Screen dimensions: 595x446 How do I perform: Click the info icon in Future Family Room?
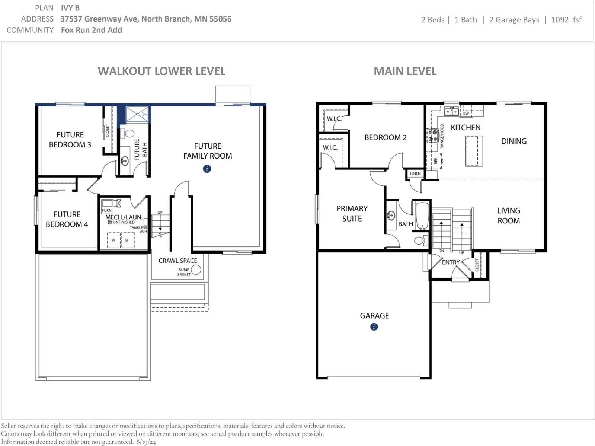[x=207, y=169]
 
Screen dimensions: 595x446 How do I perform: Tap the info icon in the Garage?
[x=374, y=327]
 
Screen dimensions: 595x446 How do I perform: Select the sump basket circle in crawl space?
[x=196, y=270]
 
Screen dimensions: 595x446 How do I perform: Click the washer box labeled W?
[x=114, y=240]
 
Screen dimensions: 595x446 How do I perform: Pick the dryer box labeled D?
[x=127, y=240]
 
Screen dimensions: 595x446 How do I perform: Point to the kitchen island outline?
[x=474, y=151]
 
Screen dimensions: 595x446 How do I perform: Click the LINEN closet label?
[x=415, y=173]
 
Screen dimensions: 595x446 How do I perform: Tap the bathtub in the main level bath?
[x=422, y=216]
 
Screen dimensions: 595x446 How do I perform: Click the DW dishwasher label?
[x=466, y=114]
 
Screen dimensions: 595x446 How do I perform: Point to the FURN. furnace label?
[x=107, y=210]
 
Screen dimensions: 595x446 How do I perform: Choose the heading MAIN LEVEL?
[x=405, y=71]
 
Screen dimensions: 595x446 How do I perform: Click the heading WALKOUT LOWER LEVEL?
[x=161, y=71]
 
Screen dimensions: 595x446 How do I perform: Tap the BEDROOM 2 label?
[x=386, y=137]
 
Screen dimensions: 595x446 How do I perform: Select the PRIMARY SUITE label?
[x=352, y=213]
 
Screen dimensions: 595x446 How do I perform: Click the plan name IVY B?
[x=70, y=8]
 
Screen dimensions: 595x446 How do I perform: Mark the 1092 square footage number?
[x=560, y=19]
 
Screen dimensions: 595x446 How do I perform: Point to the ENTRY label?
[x=451, y=262]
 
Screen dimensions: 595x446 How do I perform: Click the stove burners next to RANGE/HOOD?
[x=432, y=136]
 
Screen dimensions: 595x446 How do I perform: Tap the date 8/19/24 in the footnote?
[x=146, y=442]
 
